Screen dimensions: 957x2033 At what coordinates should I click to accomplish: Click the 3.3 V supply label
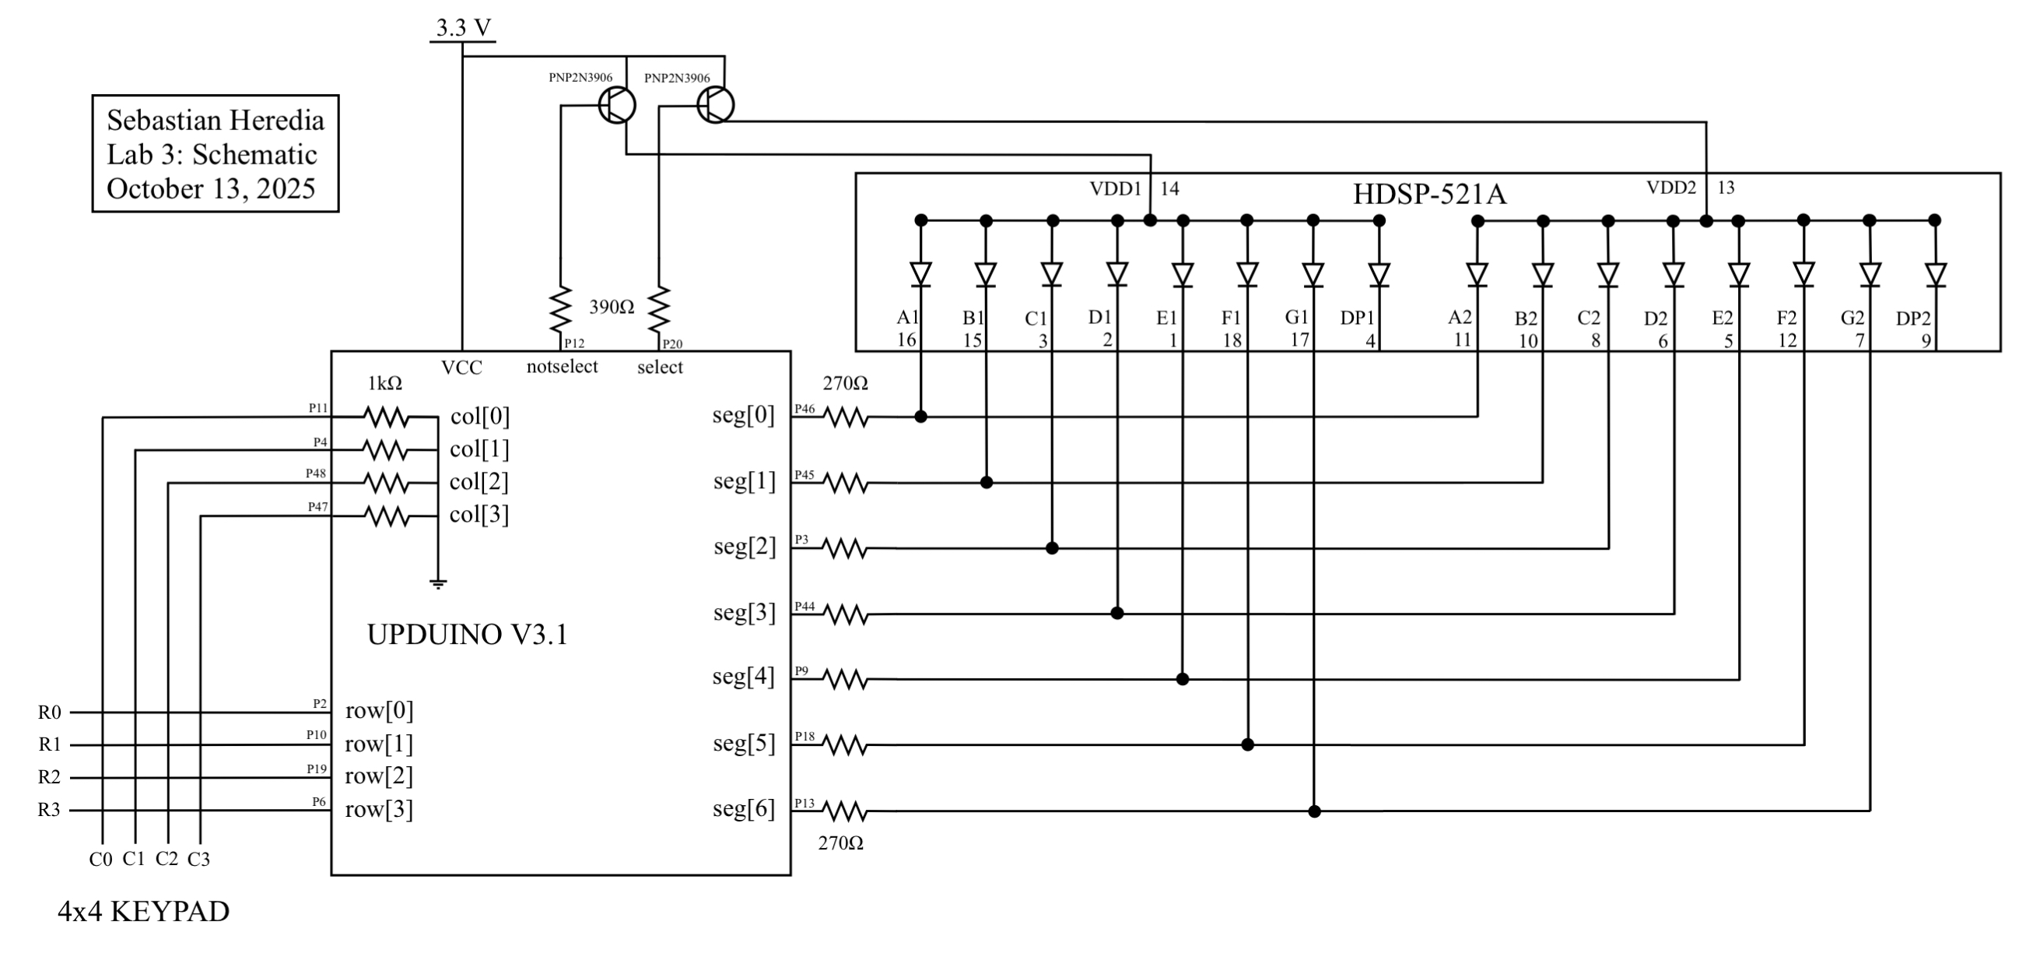point(463,29)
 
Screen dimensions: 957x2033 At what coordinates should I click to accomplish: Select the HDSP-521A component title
point(1429,194)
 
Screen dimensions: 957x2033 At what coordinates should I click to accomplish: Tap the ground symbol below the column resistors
point(438,583)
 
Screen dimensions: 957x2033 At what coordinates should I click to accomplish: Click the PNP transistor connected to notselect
point(616,105)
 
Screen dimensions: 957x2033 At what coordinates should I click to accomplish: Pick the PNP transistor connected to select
point(715,104)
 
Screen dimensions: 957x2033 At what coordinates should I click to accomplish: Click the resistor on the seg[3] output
point(845,614)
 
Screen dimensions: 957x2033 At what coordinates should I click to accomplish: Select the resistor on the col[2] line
point(386,483)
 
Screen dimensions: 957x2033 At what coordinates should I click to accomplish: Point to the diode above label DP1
point(1379,274)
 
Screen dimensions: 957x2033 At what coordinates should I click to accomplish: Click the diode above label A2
point(1477,274)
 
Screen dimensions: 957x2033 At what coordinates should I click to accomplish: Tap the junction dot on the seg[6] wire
point(1314,811)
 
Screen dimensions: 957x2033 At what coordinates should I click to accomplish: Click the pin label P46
point(804,408)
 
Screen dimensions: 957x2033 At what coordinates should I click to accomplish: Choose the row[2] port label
point(379,776)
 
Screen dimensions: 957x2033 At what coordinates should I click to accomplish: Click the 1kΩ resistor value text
point(385,384)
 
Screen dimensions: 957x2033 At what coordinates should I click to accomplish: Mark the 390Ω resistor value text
point(612,308)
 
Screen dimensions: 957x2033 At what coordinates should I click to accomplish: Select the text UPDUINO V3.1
point(468,635)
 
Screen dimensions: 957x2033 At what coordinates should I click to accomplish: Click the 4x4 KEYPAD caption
point(144,912)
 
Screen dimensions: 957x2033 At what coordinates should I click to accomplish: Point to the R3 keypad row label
point(49,810)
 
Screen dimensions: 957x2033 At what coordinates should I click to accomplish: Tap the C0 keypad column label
point(100,860)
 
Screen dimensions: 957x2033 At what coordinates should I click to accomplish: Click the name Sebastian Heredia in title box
point(216,121)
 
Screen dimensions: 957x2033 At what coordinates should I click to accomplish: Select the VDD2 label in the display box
point(1670,188)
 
